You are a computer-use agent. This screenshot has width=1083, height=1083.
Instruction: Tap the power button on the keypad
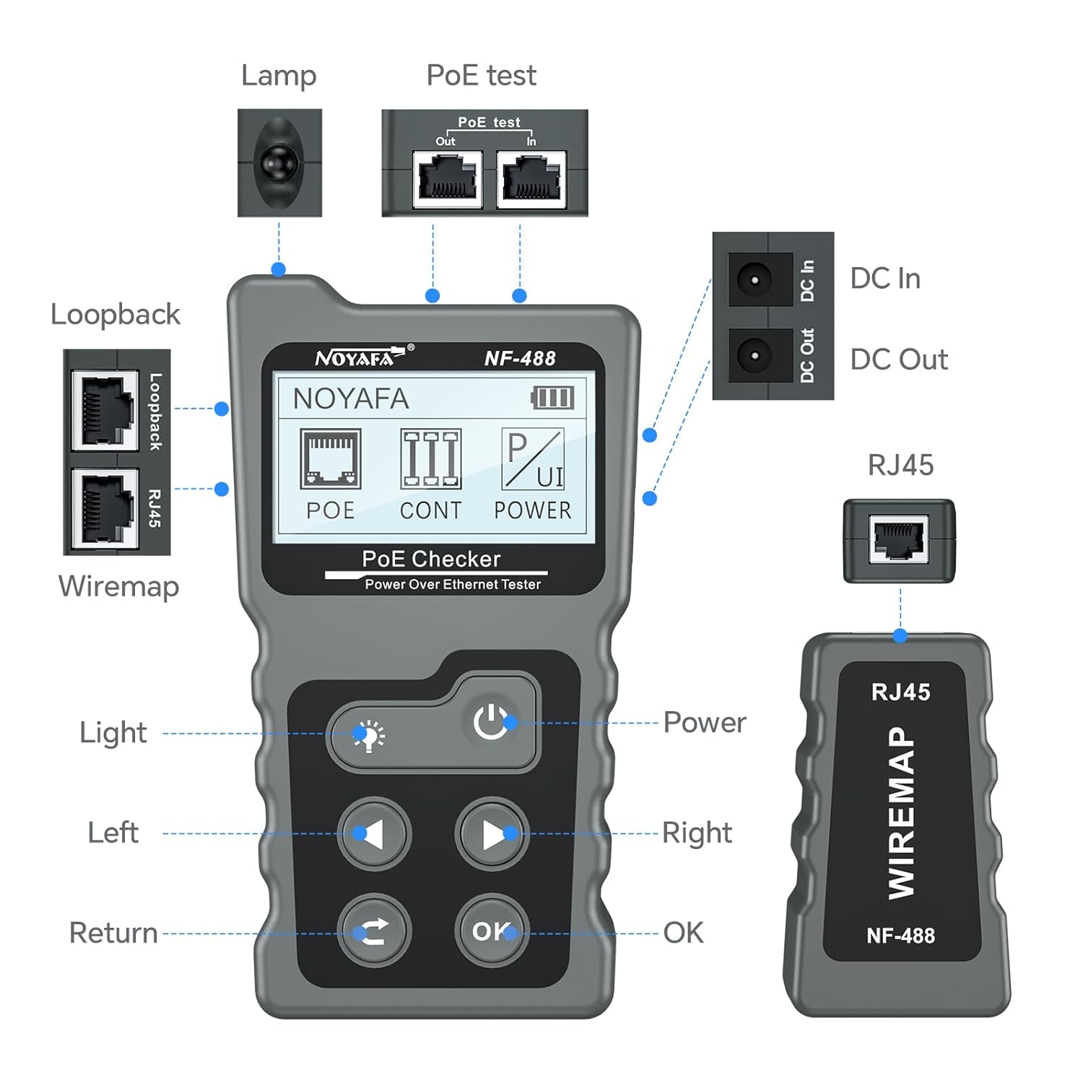pyautogui.click(x=491, y=722)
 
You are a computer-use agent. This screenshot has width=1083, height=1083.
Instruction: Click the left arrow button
pyautogui.click(x=374, y=834)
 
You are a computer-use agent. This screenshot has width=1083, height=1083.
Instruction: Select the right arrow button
pyautogui.click(x=492, y=834)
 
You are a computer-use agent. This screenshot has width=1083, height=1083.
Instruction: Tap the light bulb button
pyautogui.click(x=369, y=736)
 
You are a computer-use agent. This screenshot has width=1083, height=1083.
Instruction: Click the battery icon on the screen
pyautogui.click(x=553, y=397)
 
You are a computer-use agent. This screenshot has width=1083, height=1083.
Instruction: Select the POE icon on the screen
pyautogui.click(x=331, y=459)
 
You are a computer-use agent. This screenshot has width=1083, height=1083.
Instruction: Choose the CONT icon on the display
pyautogui.click(x=431, y=459)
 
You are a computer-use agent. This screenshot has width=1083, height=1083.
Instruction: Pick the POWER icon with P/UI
pyautogui.click(x=533, y=459)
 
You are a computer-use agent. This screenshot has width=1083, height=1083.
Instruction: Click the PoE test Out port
pyautogui.click(x=448, y=179)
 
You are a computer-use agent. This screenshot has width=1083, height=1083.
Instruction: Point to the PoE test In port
pyautogui.click(x=531, y=179)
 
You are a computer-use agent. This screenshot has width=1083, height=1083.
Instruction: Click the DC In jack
pyautogui.click(x=755, y=279)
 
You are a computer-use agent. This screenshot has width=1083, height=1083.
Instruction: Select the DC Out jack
pyautogui.click(x=755, y=355)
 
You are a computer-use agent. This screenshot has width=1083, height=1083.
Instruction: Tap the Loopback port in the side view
pyautogui.click(x=105, y=410)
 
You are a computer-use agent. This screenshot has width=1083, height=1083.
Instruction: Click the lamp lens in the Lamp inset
pyautogui.click(x=279, y=162)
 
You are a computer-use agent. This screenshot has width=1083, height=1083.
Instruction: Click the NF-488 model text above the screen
pyautogui.click(x=520, y=358)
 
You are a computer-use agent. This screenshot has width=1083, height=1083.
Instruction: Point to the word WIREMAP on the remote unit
pyautogui.click(x=901, y=812)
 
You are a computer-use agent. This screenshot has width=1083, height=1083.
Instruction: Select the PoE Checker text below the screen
pyautogui.click(x=431, y=559)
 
